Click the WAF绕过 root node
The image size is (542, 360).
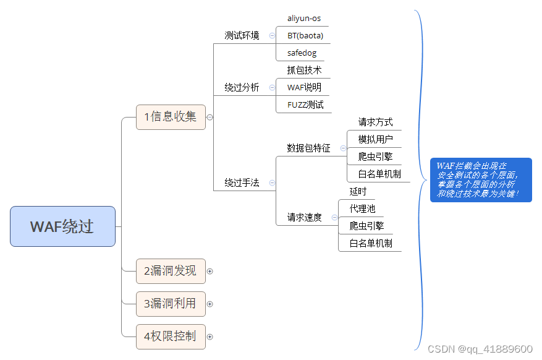coord(62,226)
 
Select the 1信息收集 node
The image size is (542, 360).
coord(171,116)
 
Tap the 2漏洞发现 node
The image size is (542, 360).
coord(171,271)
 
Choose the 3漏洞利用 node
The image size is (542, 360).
coord(171,304)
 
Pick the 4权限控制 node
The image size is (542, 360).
coord(171,336)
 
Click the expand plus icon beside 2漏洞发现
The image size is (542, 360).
coord(210,271)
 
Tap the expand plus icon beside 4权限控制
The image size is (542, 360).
coord(210,337)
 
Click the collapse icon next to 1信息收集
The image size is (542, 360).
coord(210,117)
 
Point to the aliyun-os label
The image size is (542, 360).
coord(304,19)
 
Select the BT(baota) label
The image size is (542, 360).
coord(305,36)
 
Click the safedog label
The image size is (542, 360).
coord(302,53)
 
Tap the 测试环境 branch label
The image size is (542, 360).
coord(242,35)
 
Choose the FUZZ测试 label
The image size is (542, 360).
coord(305,105)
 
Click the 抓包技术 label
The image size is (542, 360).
coord(304,71)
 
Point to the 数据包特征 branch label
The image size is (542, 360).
coord(308,148)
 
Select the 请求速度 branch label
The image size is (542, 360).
coord(304,217)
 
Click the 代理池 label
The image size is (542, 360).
coord(362,208)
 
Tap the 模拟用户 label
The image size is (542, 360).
coord(375,139)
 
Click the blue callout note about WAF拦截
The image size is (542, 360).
coord(480,180)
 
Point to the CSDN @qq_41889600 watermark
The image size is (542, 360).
coord(480,349)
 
